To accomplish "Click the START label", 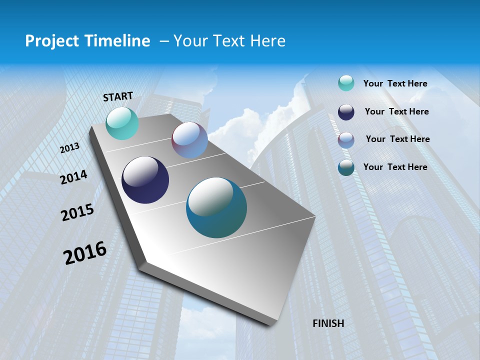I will click(x=118, y=96).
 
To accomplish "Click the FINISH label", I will click(x=328, y=323).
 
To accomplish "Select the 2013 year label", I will click(x=69, y=148).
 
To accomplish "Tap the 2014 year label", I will click(x=73, y=177).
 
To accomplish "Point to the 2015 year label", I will click(x=77, y=212).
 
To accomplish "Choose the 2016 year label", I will click(x=85, y=253).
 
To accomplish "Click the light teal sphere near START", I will click(x=122, y=123).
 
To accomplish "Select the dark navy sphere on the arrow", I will click(x=145, y=180).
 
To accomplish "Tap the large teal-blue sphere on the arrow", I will click(x=216, y=207).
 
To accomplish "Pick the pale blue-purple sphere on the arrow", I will click(x=189, y=140).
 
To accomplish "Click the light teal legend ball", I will click(x=346, y=83).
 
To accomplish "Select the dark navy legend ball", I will click(x=346, y=112).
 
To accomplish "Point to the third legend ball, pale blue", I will click(x=346, y=140).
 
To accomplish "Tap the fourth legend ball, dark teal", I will click(x=346, y=168).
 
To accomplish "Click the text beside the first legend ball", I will click(x=395, y=84).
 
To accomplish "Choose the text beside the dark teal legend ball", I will click(x=395, y=167).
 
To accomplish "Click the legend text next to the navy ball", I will click(x=396, y=111).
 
